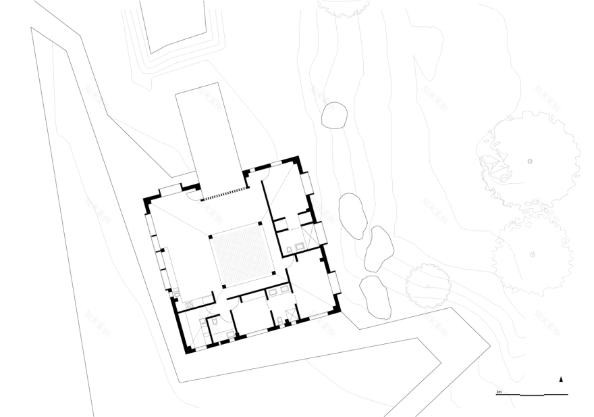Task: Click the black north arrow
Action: [x=561, y=379]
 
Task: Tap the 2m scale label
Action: [x=499, y=391]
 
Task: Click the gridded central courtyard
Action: [x=242, y=257]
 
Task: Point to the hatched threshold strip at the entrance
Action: [x=223, y=195]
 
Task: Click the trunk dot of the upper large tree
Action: [x=530, y=161]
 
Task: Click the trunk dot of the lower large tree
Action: [x=533, y=254]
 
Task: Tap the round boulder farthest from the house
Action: [x=333, y=115]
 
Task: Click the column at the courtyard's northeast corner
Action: [x=261, y=222]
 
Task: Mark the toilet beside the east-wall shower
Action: [x=289, y=250]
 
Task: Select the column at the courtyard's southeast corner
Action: [x=274, y=273]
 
